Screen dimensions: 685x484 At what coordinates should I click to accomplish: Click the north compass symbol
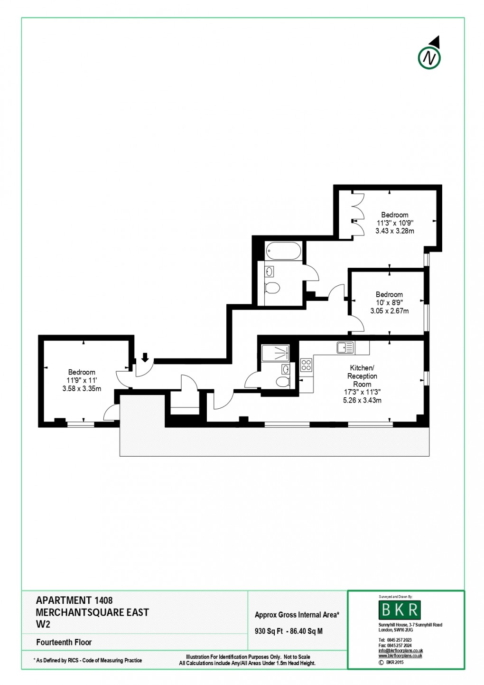pyautogui.click(x=429, y=57)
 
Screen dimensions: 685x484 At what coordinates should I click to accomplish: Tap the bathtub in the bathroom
pyautogui.click(x=283, y=250)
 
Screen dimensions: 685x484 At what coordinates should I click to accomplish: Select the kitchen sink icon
pyautogui.click(x=345, y=347)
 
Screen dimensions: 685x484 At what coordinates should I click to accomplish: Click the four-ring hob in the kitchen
pyautogui.click(x=307, y=365)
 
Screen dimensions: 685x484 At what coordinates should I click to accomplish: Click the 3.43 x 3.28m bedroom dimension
pyautogui.click(x=394, y=231)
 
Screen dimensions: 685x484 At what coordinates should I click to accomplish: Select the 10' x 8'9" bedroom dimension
pyautogui.click(x=389, y=303)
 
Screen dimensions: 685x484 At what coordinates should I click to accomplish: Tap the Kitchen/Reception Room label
pyautogui.click(x=362, y=376)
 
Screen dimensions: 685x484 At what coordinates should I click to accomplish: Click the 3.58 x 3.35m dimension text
pyautogui.click(x=82, y=388)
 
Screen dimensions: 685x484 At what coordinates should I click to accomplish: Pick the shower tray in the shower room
pyautogui.click(x=275, y=354)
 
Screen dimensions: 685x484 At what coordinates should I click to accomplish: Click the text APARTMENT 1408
pyautogui.click(x=74, y=601)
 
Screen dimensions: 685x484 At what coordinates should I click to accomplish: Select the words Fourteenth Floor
pyautogui.click(x=64, y=642)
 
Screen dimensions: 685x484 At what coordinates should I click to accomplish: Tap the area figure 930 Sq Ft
pyautogui.click(x=269, y=631)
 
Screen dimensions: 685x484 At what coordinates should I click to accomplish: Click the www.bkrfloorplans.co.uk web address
pyautogui.click(x=400, y=656)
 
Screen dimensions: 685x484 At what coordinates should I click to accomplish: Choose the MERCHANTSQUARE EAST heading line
pyautogui.click(x=93, y=612)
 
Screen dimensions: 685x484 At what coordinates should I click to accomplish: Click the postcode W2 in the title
pyautogui.click(x=43, y=624)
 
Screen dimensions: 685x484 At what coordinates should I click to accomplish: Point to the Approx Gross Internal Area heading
pyautogui.click(x=297, y=615)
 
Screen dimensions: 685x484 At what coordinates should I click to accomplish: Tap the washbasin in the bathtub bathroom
pyautogui.click(x=270, y=272)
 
